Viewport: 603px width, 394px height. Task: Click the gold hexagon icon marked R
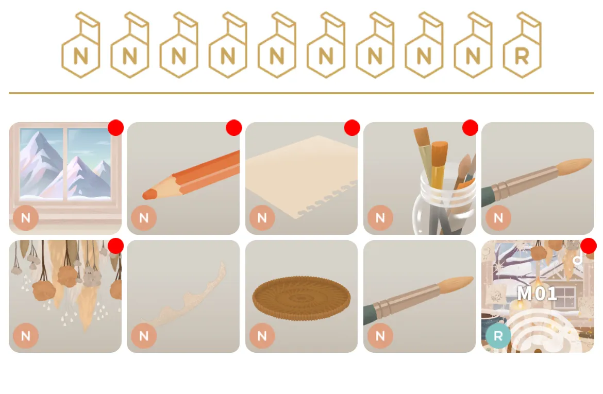(522, 45)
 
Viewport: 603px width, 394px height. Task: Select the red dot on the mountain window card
(116, 128)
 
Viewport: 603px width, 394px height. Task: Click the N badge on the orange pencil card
(144, 217)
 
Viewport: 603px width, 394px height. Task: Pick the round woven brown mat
(301, 298)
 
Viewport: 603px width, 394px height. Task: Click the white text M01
(537, 294)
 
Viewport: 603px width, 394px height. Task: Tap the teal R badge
(498, 336)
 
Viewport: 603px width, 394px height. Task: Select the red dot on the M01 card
(589, 246)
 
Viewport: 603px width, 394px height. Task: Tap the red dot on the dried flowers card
(116, 246)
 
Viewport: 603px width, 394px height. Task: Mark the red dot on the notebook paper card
(352, 128)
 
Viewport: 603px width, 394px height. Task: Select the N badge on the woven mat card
(262, 336)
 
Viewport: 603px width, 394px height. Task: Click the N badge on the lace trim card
(144, 336)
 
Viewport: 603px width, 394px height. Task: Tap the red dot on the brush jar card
(470, 128)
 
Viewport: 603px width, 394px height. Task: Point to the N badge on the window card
(26, 217)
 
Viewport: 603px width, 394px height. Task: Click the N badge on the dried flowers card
(26, 336)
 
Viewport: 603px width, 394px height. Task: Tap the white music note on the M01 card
(577, 260)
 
